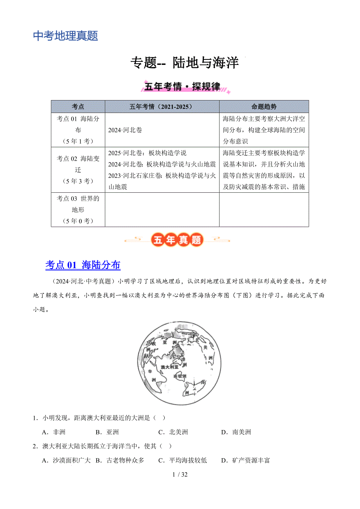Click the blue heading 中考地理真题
coord(65,36)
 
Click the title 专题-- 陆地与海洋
coord(184,63)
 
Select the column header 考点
coord(78,107)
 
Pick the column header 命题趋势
coord(264,107)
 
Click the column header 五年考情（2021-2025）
coord(162,107)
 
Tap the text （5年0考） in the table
coord(78,221)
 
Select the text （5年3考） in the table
coord(78,181)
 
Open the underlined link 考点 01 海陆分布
coord(83,265)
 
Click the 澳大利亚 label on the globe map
coord(169,367)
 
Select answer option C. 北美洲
coord(173,432)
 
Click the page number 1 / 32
coord(180,475)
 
